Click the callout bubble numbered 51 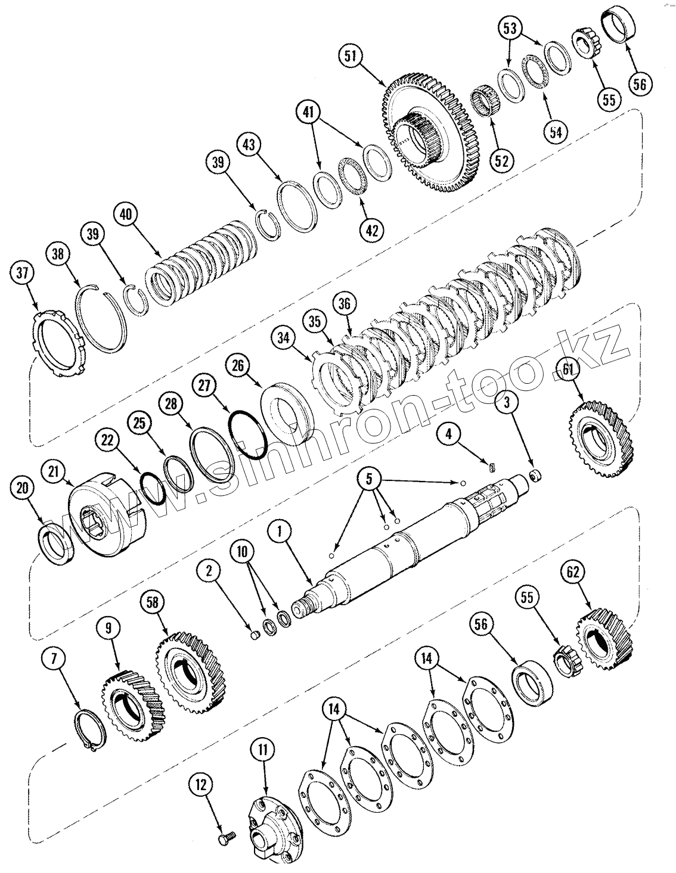click(350, 57)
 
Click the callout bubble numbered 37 click(22, 274)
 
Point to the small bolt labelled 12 click(225, 838)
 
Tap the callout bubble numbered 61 click(568, 371)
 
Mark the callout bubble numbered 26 click(238, 365)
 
